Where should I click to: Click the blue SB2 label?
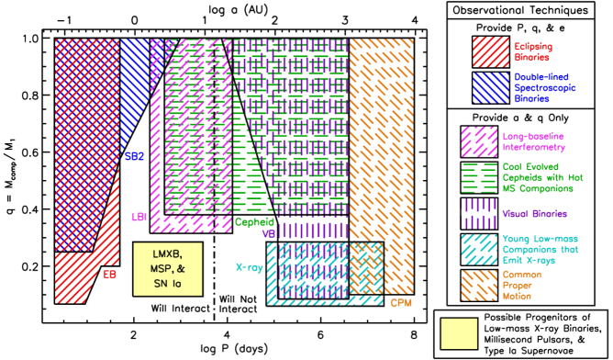(134, 156)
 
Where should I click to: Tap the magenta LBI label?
(139, 217)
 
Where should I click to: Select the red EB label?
(109, 274)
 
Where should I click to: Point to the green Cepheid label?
(254, 221)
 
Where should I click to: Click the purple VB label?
(268, 233)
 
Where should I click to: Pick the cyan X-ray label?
(249, 268)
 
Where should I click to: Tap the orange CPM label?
(401, 302)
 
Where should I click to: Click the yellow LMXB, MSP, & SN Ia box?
(167, 268)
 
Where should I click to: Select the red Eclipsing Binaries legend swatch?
(490, 51)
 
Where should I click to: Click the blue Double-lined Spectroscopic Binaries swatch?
(490, 87)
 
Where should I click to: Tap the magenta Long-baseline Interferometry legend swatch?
(479, 141)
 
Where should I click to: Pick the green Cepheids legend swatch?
(479, 176)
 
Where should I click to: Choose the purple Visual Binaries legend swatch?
(479, 213)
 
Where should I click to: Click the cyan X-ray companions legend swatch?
(479, 249)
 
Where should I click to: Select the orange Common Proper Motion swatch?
(479, 285)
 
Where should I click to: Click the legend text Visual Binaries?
(534, 214)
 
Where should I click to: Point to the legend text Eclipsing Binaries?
(532, 51)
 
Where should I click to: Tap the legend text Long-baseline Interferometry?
(533, 141)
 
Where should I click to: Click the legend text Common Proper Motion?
(521, 285)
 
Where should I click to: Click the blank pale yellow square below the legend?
(459, 333)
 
